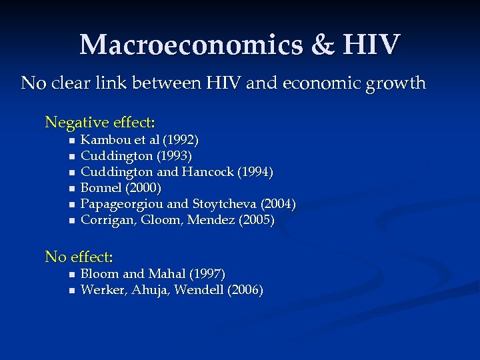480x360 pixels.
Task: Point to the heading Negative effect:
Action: (x=100, y=123)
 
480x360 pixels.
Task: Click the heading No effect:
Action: (x=79, y=257)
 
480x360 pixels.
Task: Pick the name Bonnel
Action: (x=99, y=188)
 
